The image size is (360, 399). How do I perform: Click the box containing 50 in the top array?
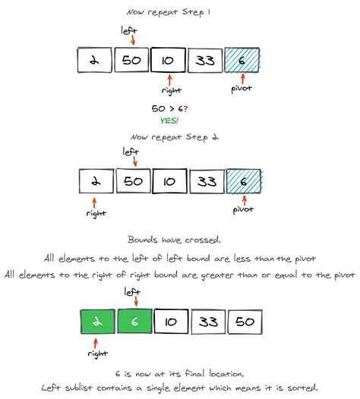pyautogui.click(x=132, y=61)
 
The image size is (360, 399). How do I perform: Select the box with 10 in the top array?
pyautogui.click(x=169, y=61)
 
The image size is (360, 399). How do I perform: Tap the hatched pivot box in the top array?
pyautogui.click(x=242, y=61)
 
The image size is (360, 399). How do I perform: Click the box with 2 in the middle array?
pyautogui.click(x=95, y=182)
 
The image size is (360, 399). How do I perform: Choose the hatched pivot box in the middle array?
pyautogui.click(x=242, y=182)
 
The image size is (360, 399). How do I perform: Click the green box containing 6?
pyautogui.click(x=135, y=322)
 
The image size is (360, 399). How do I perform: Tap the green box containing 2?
pyautogui.click(x=99, y=322)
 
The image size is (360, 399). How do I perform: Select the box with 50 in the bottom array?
pyautogui.click(x=246, y=322)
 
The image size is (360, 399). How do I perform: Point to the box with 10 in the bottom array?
pyautogui.click(x=172, y=322)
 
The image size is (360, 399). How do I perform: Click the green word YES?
pyautogui.click(x=169, y=120)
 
